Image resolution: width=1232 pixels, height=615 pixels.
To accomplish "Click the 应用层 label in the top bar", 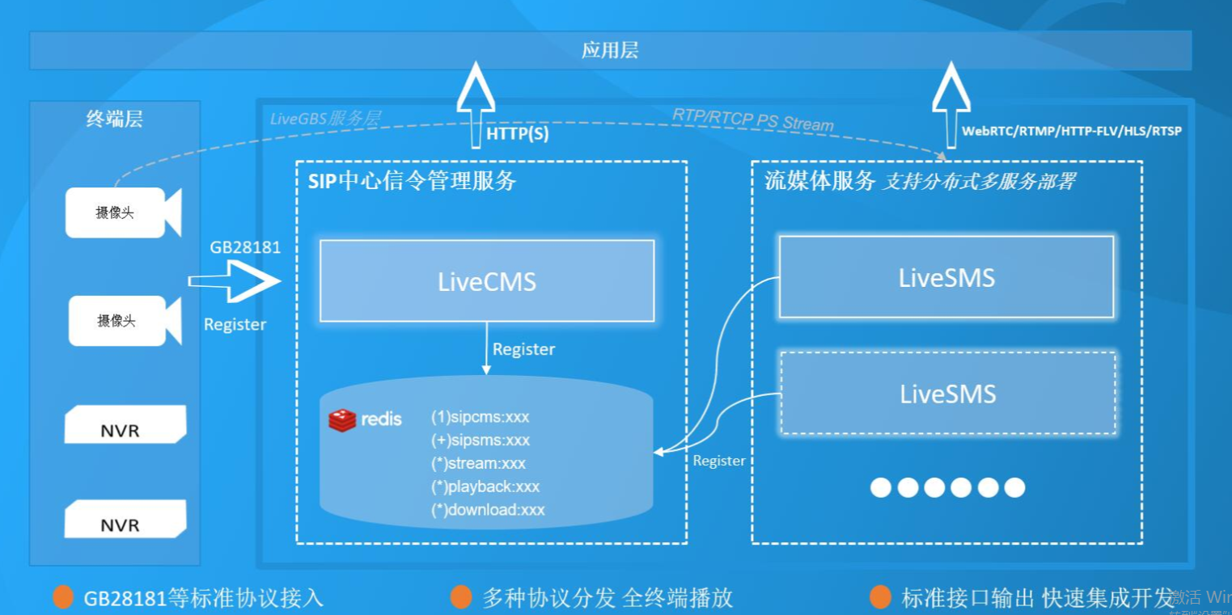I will pos(610,50).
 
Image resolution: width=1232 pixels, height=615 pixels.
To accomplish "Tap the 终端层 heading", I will pos(114,120).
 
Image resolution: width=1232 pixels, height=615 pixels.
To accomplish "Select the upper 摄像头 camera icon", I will pos(122,213).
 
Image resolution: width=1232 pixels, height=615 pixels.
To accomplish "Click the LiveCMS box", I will pos(487,281).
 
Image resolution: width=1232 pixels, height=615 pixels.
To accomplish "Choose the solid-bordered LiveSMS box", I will pos(946,277).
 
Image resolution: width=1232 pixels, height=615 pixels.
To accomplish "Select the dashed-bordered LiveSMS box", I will pos(948,394).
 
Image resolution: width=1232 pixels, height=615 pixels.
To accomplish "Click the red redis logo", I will pos(342,420).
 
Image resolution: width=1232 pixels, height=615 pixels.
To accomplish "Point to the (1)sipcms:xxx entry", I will pos(481,417).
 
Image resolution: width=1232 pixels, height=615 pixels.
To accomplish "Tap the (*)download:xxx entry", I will pos(488,510).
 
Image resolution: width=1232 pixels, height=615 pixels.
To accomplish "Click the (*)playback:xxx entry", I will pos(485,487).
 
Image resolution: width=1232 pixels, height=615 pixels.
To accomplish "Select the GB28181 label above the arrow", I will pos(245,247).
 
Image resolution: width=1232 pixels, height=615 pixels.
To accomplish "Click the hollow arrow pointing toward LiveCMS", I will pos(235,281).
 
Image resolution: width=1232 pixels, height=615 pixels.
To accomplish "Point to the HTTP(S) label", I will pos(518,134).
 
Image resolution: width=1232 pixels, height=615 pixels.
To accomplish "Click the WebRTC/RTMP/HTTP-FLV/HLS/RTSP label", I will pos(1072,131).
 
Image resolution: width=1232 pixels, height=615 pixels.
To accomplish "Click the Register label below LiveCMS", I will pos(524,349).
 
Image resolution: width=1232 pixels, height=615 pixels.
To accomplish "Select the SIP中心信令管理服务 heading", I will pos(412,180).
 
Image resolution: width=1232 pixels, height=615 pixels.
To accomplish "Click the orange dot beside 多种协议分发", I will pos(462,597).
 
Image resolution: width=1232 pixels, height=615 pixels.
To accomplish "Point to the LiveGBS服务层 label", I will pos(325,119).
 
